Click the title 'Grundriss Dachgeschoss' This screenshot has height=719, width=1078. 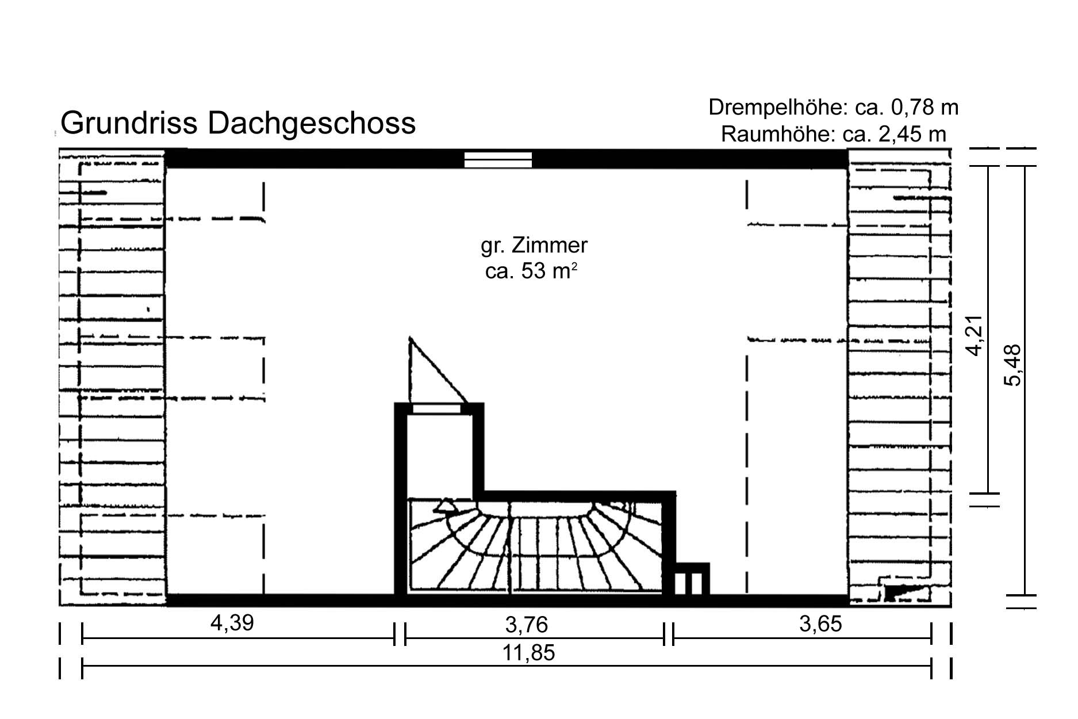coord(237,123)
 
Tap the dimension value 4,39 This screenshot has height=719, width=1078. coord(232,623)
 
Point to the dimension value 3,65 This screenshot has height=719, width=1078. coord(820,624)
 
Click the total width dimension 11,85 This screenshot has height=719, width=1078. coord(528,653)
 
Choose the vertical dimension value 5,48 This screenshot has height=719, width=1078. coord(1014,365)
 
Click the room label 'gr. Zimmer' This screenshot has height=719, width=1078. coord(534,246)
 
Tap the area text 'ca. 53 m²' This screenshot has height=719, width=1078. coord(530,271)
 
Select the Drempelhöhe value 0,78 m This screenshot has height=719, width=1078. coord(924,108)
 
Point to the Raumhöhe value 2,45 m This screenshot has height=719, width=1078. coord(912,134)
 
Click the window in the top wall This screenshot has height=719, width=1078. coord(498,159)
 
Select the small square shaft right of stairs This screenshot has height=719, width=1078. coord(690,582)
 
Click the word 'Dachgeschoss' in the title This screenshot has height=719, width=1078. coord(311,123)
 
